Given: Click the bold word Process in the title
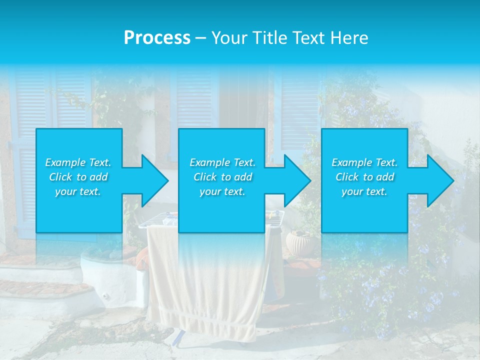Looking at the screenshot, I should click(157, 38).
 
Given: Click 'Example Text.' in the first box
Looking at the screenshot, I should click(78, 162).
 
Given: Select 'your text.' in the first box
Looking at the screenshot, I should click(78, 191).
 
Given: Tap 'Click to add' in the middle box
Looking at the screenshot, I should click(222, 177).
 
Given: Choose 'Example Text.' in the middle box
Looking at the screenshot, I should click(222, 162).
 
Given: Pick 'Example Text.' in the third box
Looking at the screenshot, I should click(364, 162).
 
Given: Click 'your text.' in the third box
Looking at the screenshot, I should click(364, 191).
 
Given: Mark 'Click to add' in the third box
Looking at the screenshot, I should click(364, 177).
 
